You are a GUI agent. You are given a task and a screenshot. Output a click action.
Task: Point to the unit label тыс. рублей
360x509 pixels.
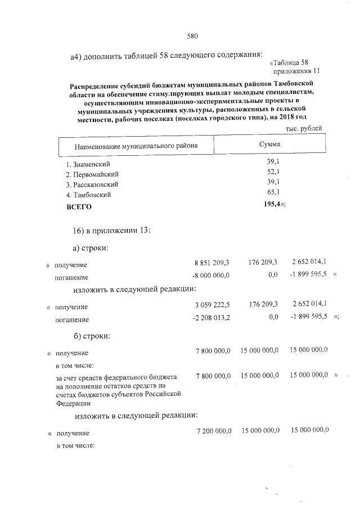pyautogui.click(x=304, y=128)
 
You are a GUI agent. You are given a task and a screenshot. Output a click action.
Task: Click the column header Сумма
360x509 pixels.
pyautogui.click(x=269, y=145)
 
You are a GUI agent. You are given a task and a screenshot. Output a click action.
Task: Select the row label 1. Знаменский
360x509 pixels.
pyautogui.click(x=87, y=164)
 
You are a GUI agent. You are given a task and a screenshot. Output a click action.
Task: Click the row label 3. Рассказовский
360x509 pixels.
pyautogui.click(x=92, y=184)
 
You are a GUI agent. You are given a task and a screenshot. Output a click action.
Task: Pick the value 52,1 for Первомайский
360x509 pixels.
pyautogui.click(x=274, y=172)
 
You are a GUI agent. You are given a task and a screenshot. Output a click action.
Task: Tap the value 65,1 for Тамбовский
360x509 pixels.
pyautogui.click(x=274, y=192)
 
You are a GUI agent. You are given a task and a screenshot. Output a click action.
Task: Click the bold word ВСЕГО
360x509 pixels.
pyautogui.click(x=79, y=206)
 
